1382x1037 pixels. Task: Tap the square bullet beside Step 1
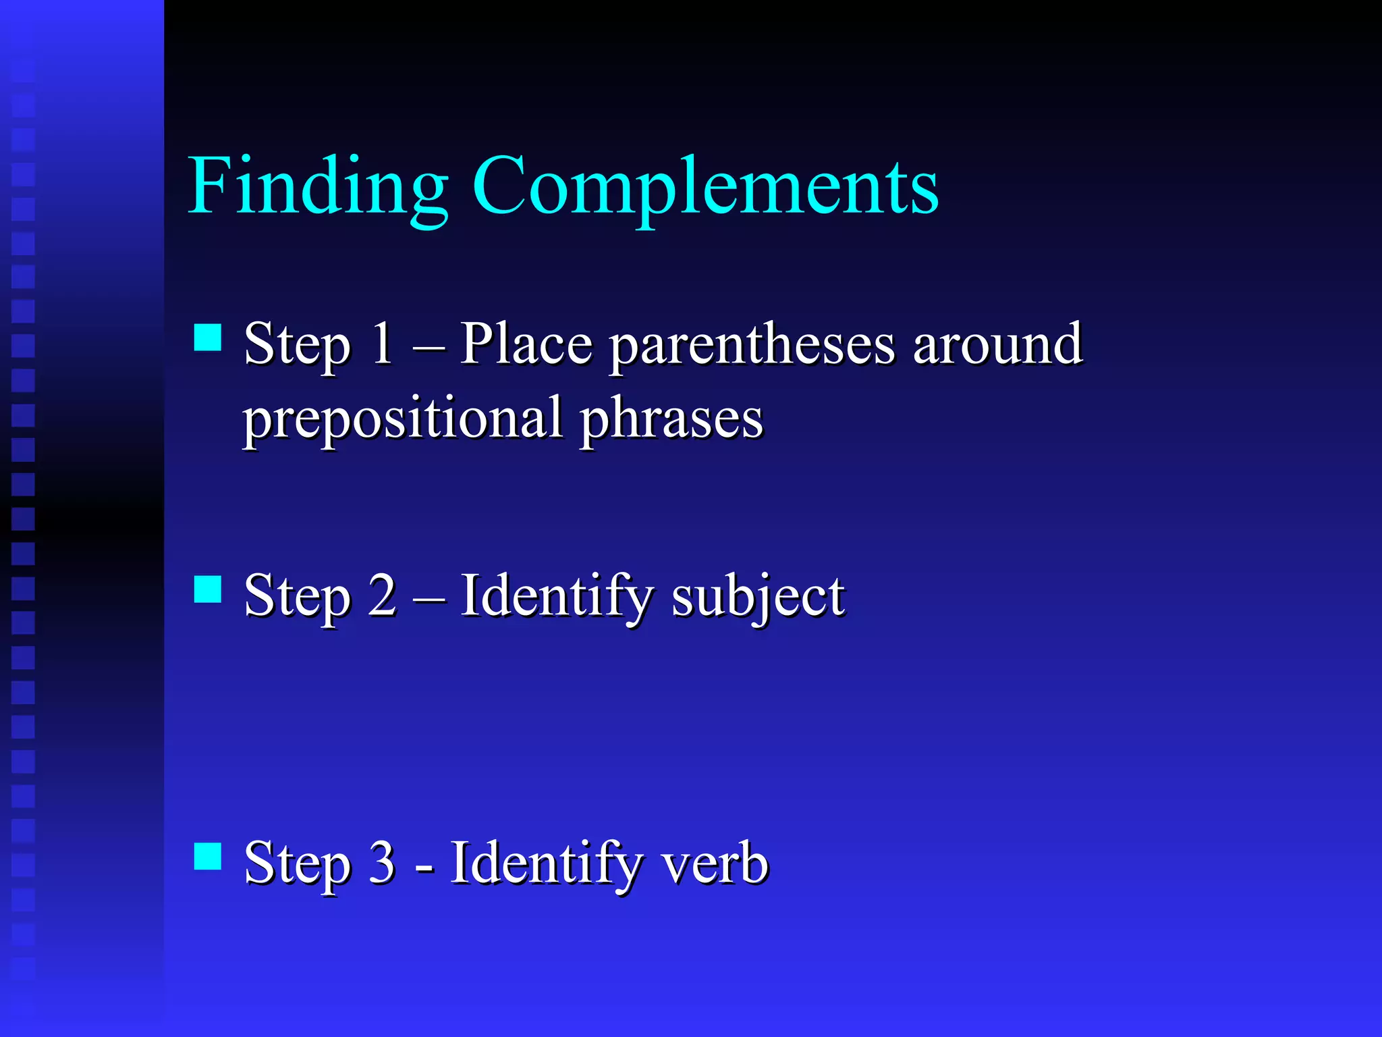208,338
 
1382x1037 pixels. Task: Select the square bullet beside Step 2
208,589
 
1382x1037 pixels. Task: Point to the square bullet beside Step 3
208,855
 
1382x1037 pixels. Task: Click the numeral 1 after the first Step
382,343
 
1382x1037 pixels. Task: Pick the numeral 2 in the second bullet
382,595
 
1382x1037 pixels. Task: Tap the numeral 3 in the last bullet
382,862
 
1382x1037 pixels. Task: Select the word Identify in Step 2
557,597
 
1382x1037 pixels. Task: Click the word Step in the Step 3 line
297,865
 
